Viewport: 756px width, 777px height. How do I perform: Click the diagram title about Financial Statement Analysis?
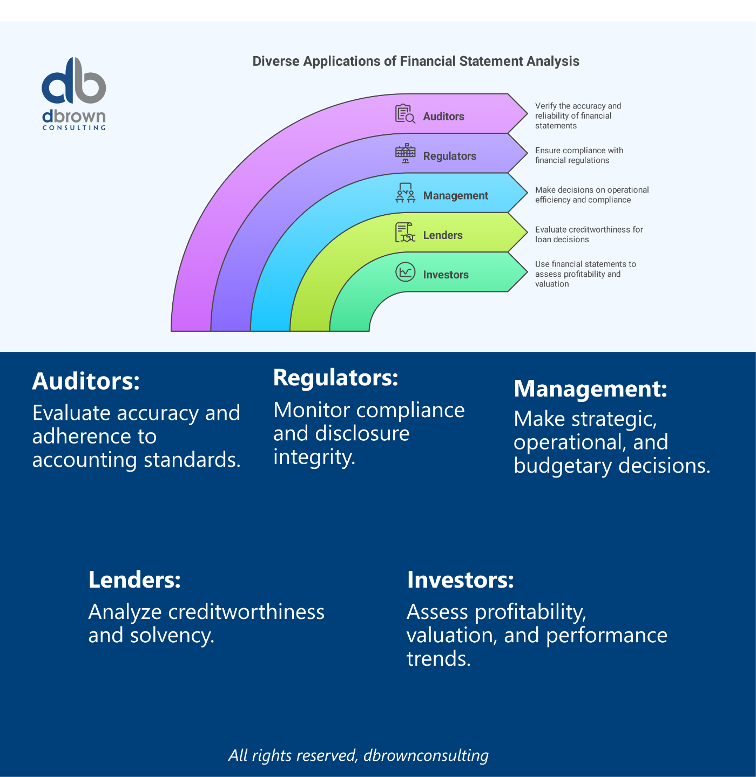point(416,61)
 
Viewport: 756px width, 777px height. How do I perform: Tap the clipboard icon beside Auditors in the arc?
point(405,114)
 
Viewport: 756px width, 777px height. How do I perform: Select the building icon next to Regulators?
point(405,153)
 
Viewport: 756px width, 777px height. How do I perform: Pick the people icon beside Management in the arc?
point(405,193)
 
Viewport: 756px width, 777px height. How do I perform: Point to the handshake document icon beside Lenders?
point(405,233)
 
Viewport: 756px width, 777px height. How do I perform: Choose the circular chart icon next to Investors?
point(405,272)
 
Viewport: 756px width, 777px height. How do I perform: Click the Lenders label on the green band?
point(443,235)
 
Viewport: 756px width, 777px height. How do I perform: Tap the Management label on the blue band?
point(456,196)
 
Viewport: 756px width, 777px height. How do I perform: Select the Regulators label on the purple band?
point(449,156)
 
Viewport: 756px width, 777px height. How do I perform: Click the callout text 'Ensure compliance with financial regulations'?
point(579,155)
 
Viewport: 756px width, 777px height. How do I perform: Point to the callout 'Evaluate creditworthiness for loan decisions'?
point(589,234)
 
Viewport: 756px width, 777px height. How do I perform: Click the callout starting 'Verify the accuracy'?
point(578,116)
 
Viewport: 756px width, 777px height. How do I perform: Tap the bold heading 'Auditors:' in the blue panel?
point(86,381)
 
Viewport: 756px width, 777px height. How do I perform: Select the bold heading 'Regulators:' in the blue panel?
point(336,377)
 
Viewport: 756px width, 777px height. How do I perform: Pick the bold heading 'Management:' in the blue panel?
point(590,388)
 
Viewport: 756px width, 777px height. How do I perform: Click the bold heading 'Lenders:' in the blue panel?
point(134,580)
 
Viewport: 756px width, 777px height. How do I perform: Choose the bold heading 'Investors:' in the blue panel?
point(460,580)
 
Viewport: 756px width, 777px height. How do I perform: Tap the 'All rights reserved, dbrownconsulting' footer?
point(359,755)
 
